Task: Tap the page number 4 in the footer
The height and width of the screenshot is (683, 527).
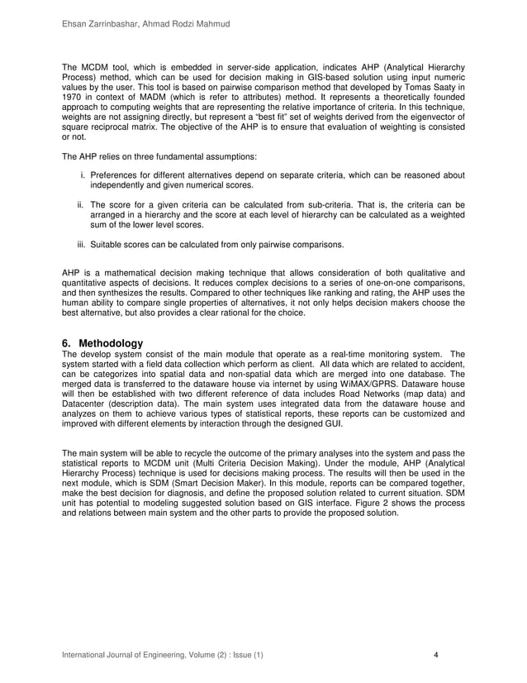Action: click(436, 657)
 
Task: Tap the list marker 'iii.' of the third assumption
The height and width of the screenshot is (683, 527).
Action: click(82, 244)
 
